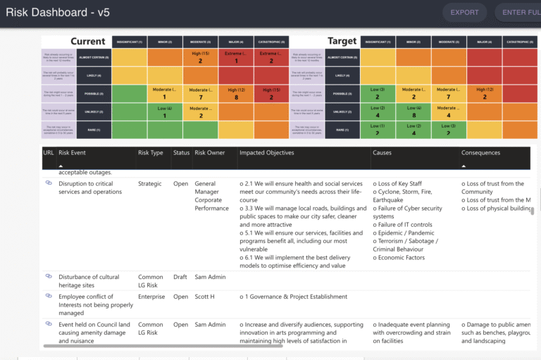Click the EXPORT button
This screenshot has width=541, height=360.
[x=464, y=12]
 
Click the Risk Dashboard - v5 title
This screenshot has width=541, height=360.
[x=58, y=12]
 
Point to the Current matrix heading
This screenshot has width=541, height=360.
[x=88, y=42]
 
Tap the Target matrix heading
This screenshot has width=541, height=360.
[x=342, y=42]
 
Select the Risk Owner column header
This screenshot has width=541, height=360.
[x=209, y=153]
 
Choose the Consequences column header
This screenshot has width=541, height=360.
[x=480, y=153]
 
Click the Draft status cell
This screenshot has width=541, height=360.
[x=181, y=277]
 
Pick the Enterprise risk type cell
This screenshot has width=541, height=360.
[x=151, y=297]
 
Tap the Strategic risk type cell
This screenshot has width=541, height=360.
[x=150, y=184]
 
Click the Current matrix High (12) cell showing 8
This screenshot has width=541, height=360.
[x=236, y=94]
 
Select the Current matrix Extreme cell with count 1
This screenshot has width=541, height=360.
[x=236, y=58]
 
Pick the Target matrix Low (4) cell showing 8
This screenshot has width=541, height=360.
[x=414, y=111]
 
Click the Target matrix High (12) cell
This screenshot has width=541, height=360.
[x=485, y=94]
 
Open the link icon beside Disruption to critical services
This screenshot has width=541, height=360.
[x=49, y=183]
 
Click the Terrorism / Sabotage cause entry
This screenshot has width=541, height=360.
[x=407, y=241]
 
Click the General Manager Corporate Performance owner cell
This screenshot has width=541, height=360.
[x=211, y=196]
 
